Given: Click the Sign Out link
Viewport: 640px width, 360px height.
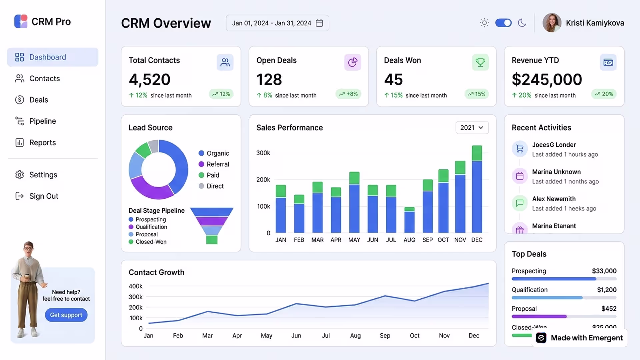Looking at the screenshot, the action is pyautogui.click(x=37, y=196).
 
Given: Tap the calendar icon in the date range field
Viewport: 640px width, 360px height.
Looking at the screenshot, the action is pyautogui.click(x=319, y=23).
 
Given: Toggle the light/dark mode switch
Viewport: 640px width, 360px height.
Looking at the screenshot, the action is pyautogui.click(x=503, y=23).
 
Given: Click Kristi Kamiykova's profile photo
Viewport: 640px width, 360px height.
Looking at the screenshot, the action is pyautogui.click(x=552, y=23).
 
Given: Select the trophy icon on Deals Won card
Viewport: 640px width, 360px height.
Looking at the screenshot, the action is pyautogui.click(x=480, y=62).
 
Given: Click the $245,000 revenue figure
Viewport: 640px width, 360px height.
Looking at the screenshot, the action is pyautogui.click(x=547, y=79).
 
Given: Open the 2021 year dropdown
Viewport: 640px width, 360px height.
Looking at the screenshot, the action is pyautogui.click(x=472, y=128).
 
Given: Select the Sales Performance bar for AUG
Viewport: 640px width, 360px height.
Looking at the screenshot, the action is pyautogui.click(x=409, y=220).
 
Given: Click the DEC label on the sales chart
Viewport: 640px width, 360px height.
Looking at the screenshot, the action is pyautogui.click(x=477, y=240).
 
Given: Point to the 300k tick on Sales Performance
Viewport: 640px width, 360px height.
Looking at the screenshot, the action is pyautogui.click(x=263, y=153).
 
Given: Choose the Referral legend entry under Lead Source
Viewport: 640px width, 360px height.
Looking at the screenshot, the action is pyautogui.click(x=214, y=164).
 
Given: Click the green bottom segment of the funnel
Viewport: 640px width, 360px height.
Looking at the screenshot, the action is pyautogui.click(x=212, y=240).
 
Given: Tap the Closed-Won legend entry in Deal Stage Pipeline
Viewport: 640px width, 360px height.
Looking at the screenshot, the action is pyautogui.click(x=148, y=242).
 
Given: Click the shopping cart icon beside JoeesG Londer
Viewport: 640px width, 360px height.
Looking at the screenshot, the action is pyautogui.click(x=520, y=149).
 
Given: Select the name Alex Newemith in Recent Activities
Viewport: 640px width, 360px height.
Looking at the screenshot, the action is pyautogui.click(x=554, y=199).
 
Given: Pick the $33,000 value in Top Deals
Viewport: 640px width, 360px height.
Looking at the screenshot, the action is pyautogui.click(x=604, y=271).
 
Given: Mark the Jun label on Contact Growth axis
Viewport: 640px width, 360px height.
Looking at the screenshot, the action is pyautogui.click(x=296, y=336).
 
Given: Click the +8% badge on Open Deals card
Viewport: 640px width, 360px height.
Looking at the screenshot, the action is pyautogui.click(x=348, y=94).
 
